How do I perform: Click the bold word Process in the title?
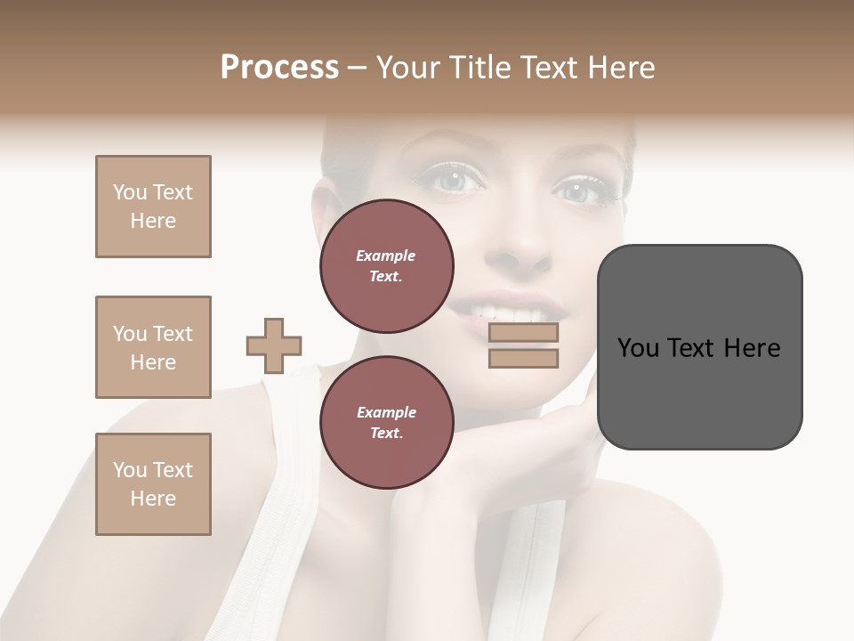click(x=279, y=67)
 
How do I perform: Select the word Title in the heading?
click(x=479, y=67)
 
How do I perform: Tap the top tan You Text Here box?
click(x=153, y=207)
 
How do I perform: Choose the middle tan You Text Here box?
click(x=153, y=347)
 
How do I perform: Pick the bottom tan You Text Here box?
click(x=153, y=484)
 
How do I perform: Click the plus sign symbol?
click(x=274, y=345)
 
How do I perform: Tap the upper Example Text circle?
click(x=387, y=266)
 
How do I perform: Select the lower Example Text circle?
click(x=387, y=423)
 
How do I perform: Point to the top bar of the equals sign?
click(x=523, y=332)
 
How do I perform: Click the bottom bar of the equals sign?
click(x=523, y=359)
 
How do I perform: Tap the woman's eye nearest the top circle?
click(x=456, y=180)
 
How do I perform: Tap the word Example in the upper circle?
click(x=386, y=256)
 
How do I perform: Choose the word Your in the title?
click(x=407, y=67)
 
